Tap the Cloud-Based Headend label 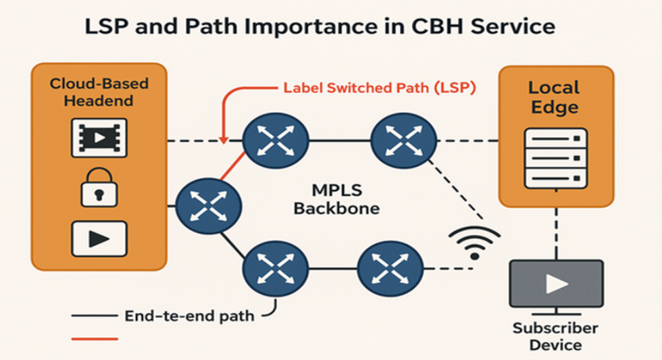(x=99, y=92)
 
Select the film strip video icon (x=99, y=138)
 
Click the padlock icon (x=99, y=187)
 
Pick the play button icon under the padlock (x=99, y=239)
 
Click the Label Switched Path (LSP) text (x=380, y=88)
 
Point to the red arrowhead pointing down (x=224, y=140)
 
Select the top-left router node (x=276, y=140)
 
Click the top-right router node (x=404, y=140)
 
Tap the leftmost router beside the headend (x=209, y=207)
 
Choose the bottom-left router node (x=276, y=268)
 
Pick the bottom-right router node (x=390, y=268)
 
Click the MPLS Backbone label (x=336, y=199)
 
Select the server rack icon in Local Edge (x=555, y=159)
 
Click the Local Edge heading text (x=555, y=97)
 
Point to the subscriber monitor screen (x=557, y=284)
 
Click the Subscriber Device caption (x=555, y=336)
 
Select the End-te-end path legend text (x=190, y=315)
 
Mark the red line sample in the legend (x=95, y=338)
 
